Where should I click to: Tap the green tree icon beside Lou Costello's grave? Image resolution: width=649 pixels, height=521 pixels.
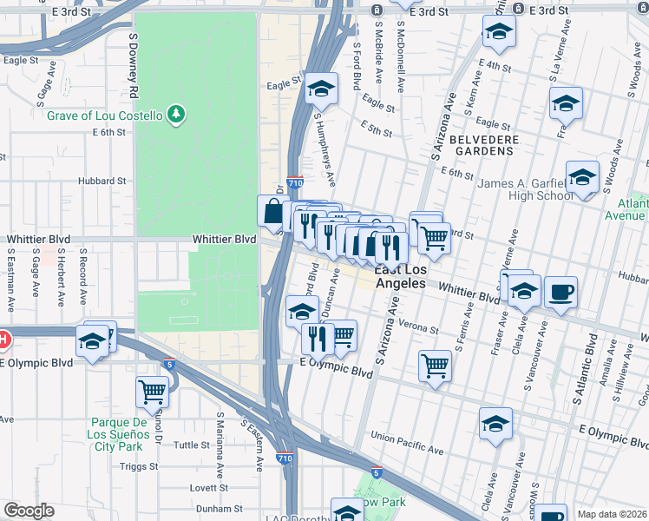(x=176, y=115)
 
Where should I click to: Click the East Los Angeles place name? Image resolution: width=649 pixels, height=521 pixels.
(x=399, y=276)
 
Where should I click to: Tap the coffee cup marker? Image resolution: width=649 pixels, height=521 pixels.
(x=561, y=293)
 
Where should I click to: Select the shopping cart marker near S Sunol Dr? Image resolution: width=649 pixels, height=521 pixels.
(x=153, y=392)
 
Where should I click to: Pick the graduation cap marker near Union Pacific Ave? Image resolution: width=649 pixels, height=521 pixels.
(x=495, y=424)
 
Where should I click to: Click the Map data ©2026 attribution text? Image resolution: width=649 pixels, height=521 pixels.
(x=613, y=514)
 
